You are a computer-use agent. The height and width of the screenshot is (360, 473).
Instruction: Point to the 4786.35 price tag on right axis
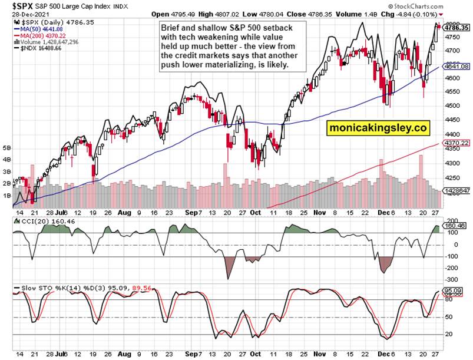457,28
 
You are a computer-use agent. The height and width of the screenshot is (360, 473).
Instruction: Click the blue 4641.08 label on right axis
457,67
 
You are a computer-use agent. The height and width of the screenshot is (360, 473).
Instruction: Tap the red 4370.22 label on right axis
457,143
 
